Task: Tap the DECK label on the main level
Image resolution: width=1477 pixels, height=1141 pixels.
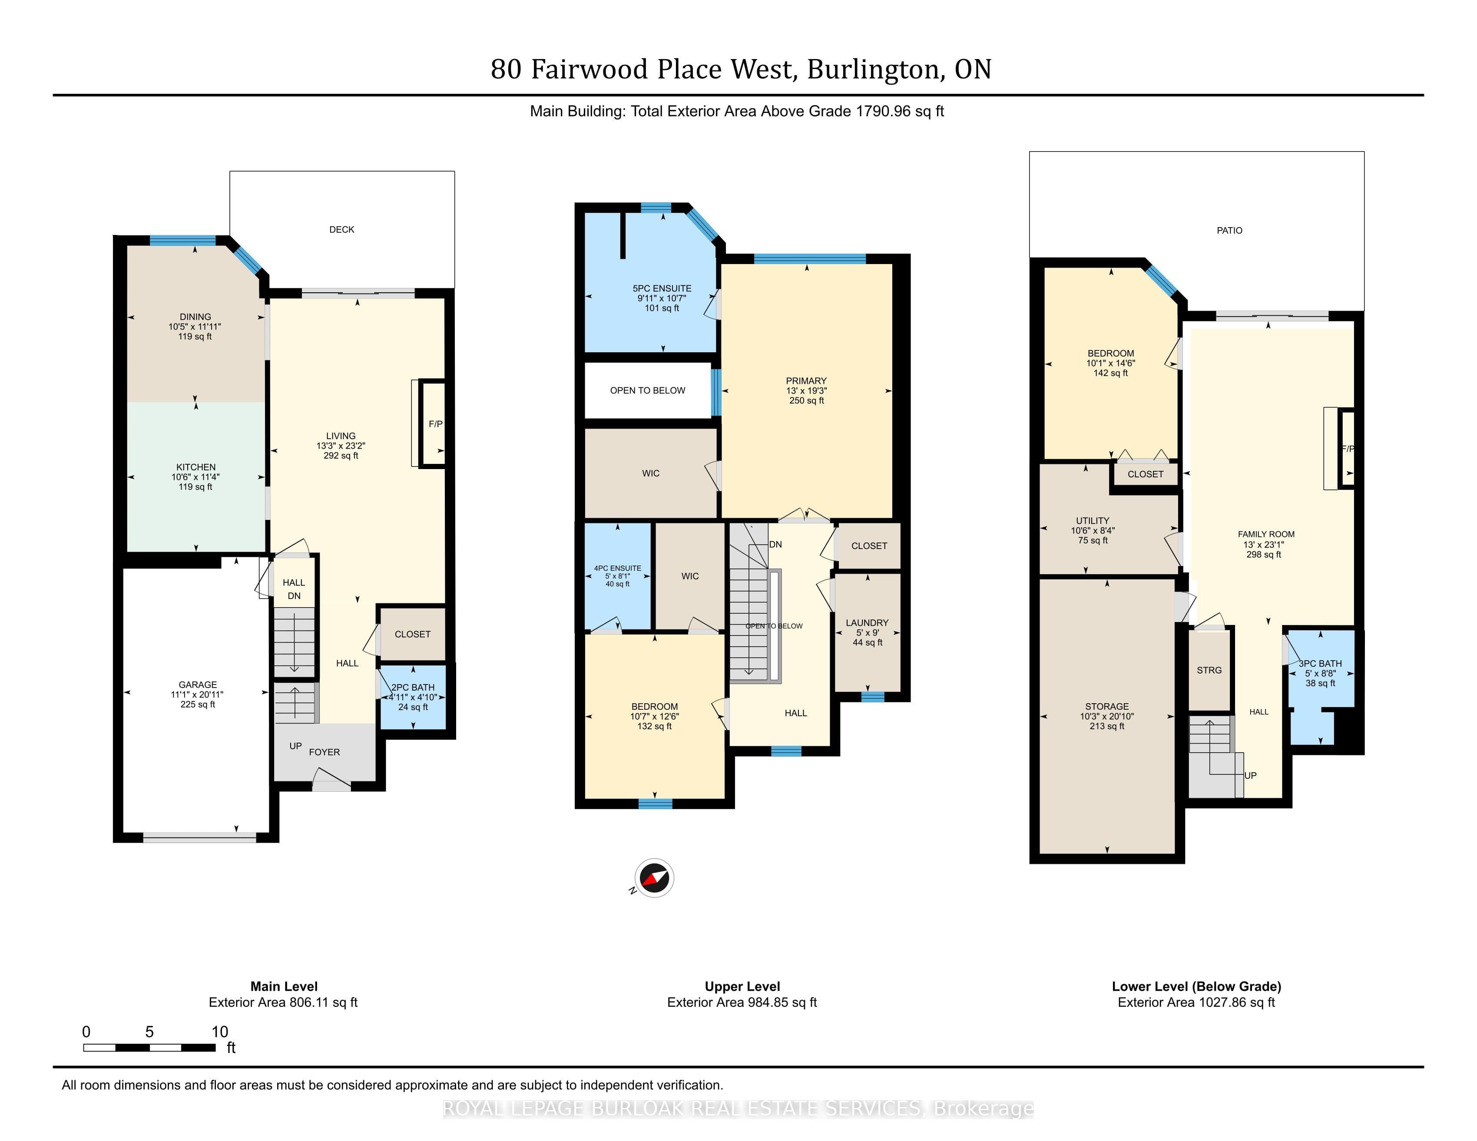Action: click(341, 230)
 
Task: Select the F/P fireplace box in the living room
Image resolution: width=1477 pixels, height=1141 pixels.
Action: click(433, 424)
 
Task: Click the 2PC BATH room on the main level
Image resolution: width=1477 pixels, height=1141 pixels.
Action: click(413, 697)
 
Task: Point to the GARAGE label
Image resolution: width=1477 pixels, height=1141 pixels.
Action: click(198, 685)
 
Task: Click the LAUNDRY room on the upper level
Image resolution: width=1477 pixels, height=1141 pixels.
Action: click(868, 632)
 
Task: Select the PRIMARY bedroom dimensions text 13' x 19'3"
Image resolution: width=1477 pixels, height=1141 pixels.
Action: click(806, 391)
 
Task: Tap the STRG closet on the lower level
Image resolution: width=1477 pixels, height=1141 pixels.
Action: click(1209, 670)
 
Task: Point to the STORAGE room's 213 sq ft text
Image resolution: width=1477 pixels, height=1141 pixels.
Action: click(1107, 726)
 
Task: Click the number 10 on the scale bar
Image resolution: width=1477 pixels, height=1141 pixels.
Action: click(220, 1032)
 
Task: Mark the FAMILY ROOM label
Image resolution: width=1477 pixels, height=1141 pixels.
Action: click(1266, 534)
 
